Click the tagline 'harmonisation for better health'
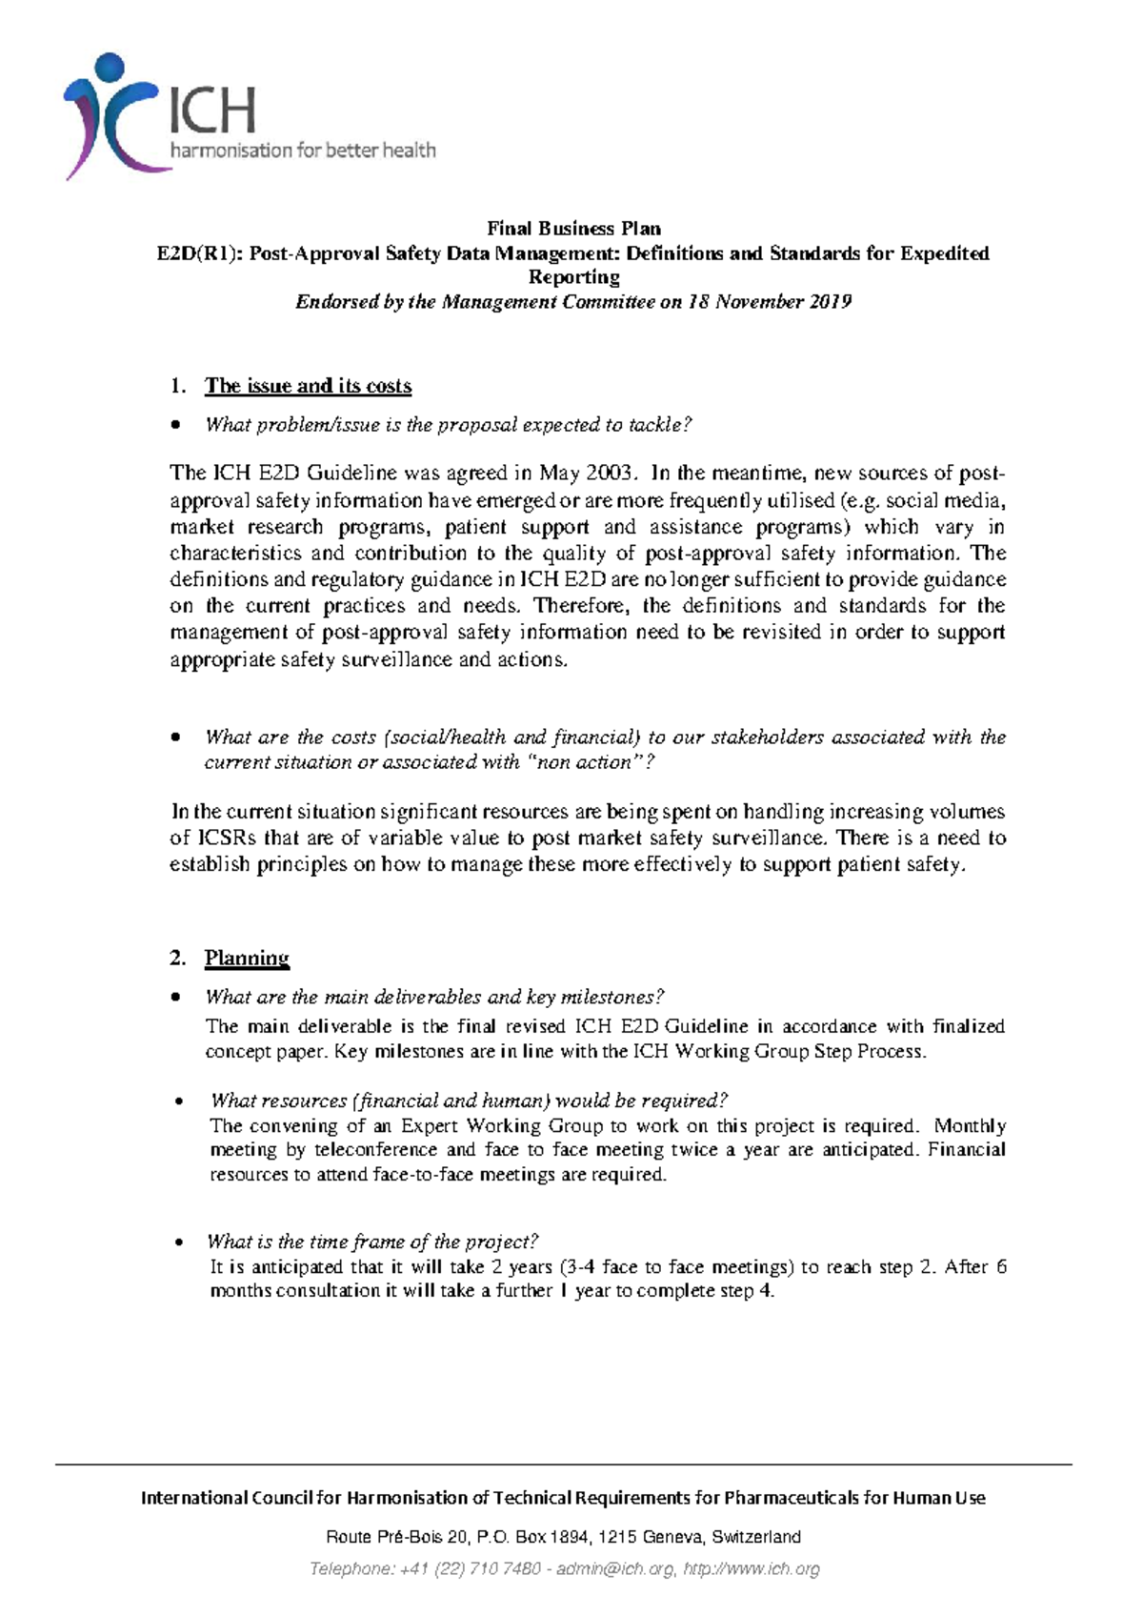point(302,150)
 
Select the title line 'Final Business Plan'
point(573,229)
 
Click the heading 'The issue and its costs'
point(308,386)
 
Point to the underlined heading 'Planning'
point(247,958)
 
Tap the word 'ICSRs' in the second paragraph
point(226,838)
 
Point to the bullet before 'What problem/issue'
point(174,426)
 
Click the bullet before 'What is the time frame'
point(179,1242)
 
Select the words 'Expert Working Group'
point(501,1125)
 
